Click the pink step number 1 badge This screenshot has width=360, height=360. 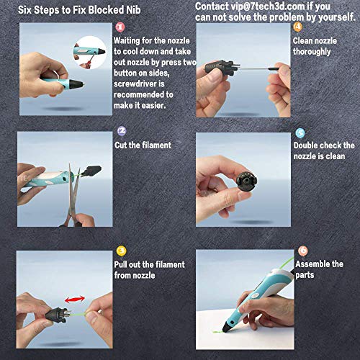tap(120, 27)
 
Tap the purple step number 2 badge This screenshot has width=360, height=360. tap(122, 131)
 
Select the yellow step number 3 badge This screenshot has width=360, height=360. tap(121, 251)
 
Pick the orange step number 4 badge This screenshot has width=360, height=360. tap(297, 27)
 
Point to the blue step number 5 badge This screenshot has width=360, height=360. tap(300, 133)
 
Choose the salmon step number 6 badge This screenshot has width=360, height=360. tap(303, 251)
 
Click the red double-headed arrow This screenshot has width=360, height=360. tap(75, 299)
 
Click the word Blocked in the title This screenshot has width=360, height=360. tap(107, 10)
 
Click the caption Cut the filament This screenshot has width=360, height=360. tap(143, 145)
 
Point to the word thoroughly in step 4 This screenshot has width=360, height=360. tap(312, 52)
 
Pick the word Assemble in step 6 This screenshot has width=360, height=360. tap(312, 264)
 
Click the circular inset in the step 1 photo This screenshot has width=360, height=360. tap(89, 53)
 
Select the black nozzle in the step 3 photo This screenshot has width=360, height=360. tap(58, 315)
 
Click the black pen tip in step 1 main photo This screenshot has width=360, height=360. tap(76, 84)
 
